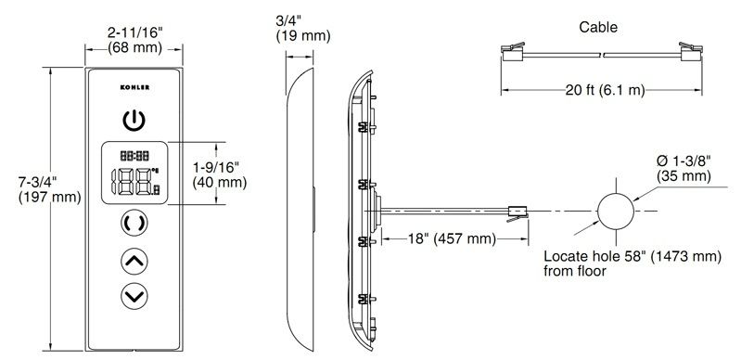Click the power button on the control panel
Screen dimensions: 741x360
coord(134,121)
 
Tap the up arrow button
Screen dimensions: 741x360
coord(134,261)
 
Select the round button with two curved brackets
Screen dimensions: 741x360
coord(134,223)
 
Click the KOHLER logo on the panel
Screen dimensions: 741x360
coord(134,87)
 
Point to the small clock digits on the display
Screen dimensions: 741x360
coord(134,155)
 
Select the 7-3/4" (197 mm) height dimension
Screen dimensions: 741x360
coord(50,189)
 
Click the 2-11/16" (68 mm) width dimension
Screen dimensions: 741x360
coord(134,40)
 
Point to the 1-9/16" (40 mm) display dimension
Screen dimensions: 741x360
coord(219,174)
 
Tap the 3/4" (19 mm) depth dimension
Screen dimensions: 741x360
coord(303,29)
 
